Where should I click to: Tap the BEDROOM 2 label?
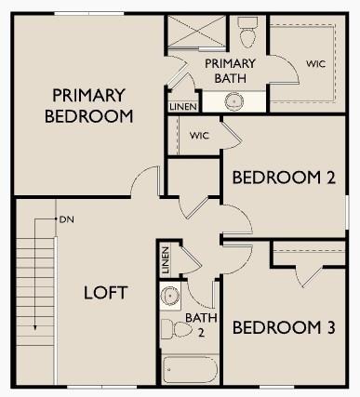(x=283, y=178)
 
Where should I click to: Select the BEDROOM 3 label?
(x=283, y=327)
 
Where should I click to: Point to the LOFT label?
(x=105, y=293)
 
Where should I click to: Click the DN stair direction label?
(x=66, y=220)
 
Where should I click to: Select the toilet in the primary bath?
(x=247, y=35)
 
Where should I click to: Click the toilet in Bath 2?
(x=173, y=328)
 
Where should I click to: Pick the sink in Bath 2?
(x=169, y=297)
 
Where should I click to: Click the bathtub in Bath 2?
(x=190, y=370)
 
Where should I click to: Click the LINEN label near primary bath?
(x=181, y=107)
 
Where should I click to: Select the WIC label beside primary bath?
(x=314, y=64)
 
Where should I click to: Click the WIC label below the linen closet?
(x=199, y=136)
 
